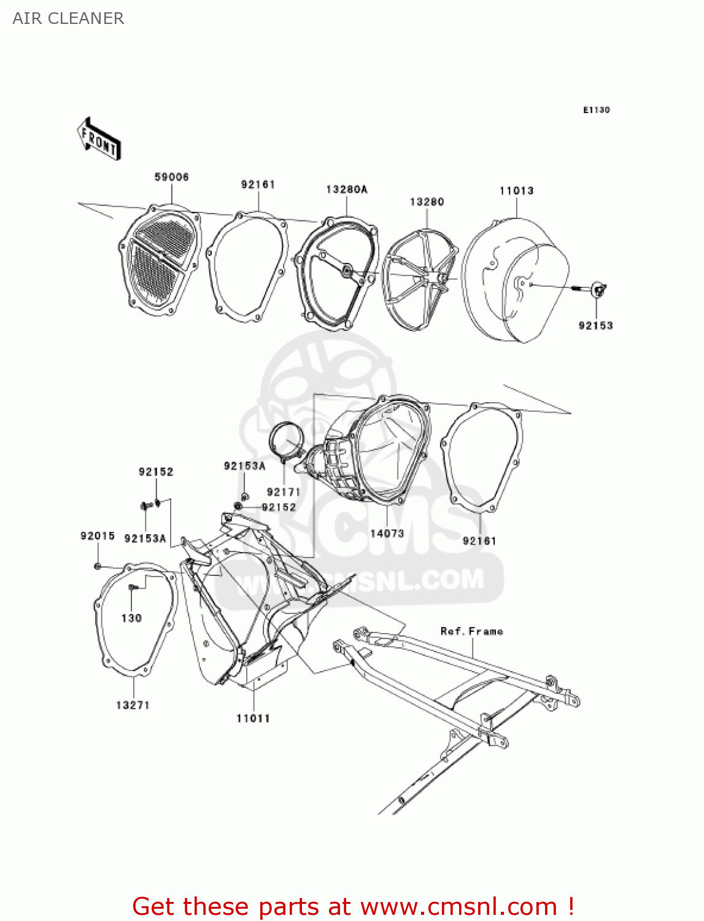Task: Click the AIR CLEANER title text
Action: [68, 18]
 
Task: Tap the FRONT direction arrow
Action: [99, 139]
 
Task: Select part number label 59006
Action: [171, 177]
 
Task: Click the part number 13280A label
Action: [346, 189]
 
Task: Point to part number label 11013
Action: [516, 190]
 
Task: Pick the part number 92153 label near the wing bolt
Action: [595, 325]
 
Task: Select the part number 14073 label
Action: [387, 533]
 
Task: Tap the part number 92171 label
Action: [284, 492]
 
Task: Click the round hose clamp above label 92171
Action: [286, 442]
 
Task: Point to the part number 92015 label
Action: [98, 535]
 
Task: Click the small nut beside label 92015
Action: [98, 565]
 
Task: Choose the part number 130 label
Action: [131, 618]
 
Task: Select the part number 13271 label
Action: [133, 705]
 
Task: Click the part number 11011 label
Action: [253, 718]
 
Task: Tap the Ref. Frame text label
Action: [471, 631]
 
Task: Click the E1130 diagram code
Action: [596, 110]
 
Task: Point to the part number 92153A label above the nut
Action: [244, 466]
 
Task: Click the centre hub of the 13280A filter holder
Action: [347, 270]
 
